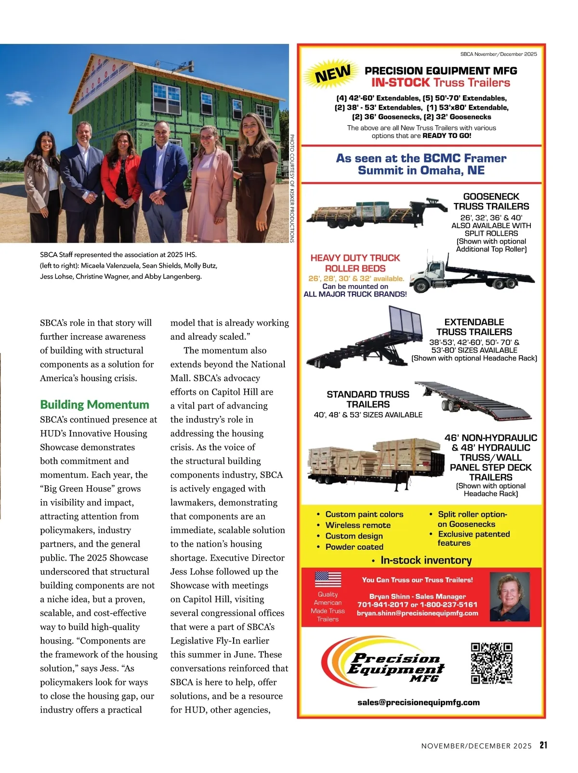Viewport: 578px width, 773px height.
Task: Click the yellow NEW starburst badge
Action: (333, 74)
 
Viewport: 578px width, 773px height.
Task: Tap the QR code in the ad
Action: (491, 663)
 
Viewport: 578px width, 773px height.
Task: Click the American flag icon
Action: (328, 579)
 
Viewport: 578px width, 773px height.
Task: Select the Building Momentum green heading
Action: (94, 404)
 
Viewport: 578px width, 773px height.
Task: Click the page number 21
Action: (543, 745)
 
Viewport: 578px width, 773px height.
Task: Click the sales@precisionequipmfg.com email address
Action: (419, 702)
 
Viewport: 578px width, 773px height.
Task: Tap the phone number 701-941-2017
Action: (382, 605)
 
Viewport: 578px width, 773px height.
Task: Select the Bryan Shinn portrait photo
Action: (510, 597)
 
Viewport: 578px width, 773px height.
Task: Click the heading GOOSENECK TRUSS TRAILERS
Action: (491, 201)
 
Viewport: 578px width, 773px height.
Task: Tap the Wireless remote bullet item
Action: (358, 525)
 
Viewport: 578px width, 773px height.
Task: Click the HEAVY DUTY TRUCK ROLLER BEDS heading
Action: (355, 263)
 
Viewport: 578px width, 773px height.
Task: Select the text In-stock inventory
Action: (426, 560)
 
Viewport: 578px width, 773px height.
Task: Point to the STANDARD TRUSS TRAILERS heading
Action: (368, 399)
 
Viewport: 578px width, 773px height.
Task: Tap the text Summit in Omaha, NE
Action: (421, 170)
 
